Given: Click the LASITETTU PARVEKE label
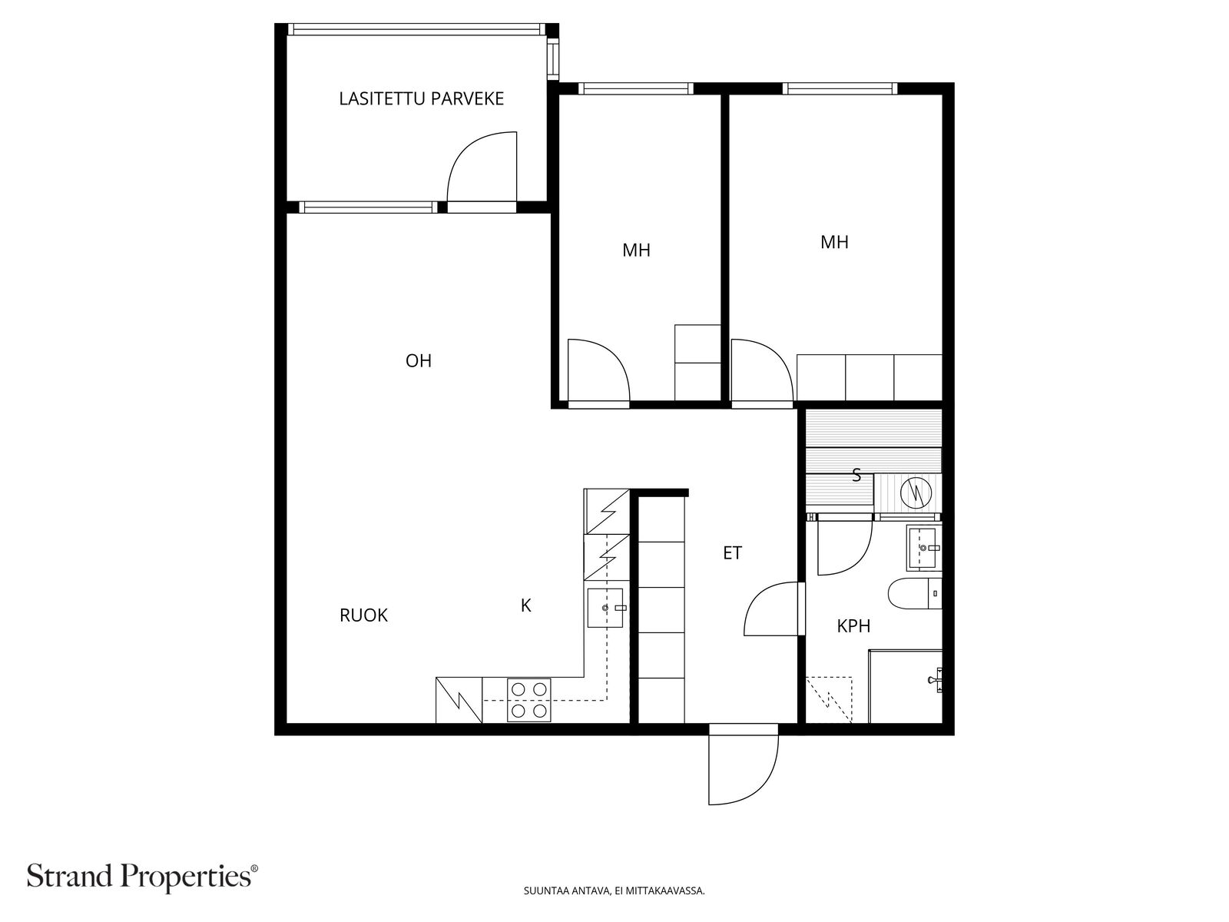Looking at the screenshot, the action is tap(421, 99).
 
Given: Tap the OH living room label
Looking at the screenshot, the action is tap(419, 361).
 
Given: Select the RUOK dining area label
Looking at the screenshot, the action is tap(363, 615).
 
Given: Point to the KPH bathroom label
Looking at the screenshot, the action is tap(853, 626).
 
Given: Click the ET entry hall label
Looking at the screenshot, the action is tap(732, 553).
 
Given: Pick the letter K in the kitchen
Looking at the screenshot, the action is tap(525, 605).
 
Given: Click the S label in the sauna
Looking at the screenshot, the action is tap(856, 476).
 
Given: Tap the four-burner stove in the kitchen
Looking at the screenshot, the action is tap(528, 700).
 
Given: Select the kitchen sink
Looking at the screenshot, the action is tap(605, 608).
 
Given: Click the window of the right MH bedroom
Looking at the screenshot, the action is tap(840, 88).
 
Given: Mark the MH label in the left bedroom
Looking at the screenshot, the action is tap(636, 250).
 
